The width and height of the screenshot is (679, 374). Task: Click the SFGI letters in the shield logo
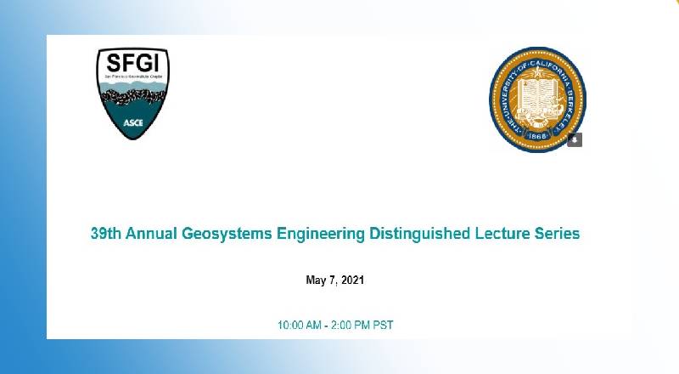tap(132, 63)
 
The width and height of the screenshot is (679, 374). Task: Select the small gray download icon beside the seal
tap(575, 139)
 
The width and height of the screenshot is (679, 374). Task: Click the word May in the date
tap(315, 280)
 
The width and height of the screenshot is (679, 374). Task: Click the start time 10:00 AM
tap(300, 326)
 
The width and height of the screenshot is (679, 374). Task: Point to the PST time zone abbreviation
tap(384, 326)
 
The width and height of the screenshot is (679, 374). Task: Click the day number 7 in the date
tap(331, 280)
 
